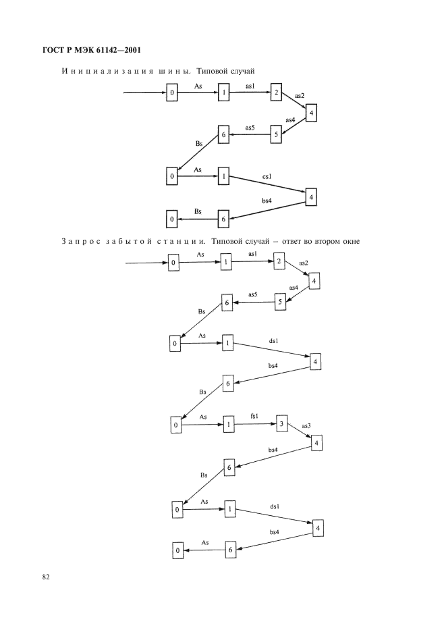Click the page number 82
point(45,577)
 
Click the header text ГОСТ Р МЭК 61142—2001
point(92,51)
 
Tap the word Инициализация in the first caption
point(107,72)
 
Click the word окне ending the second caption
point(350,242)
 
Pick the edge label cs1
point(267,176)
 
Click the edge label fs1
point(254,416)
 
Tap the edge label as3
point(306,425)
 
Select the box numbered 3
point(281,423)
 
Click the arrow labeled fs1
point(255,424)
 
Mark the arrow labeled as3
point(300,432)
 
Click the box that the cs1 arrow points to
point(311,197)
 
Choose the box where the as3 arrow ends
point(316,443)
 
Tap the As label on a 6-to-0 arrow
point(205,542)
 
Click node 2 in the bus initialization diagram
point(276,92)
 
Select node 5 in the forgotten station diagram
point(281,302)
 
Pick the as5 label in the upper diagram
point(250,128)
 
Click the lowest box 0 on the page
point(177,550)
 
